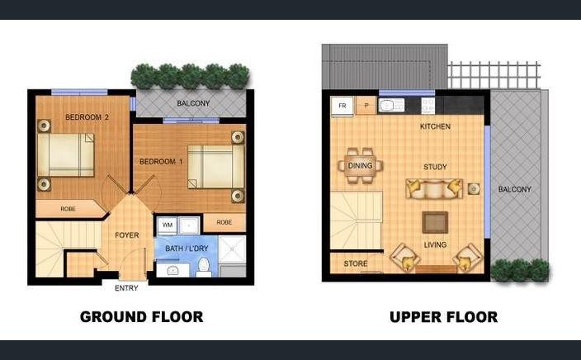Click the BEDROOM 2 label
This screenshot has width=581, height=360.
[x=87, y=117]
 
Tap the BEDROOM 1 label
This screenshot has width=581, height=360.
[x=161, y=162]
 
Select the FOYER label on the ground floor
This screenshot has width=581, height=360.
[x=127, y=235]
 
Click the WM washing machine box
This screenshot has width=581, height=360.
[x=167, y=225]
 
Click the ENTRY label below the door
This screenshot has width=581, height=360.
[x=126, y=288]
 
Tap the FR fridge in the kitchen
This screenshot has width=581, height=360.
[x=342, y=106]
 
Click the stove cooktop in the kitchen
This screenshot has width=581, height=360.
[x=427, y=106]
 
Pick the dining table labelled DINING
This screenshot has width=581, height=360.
[x=360, y=166]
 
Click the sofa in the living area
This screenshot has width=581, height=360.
[x=434, y=189]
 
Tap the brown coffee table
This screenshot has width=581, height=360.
[x=435, y=222]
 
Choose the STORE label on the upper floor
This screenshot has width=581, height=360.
[x=356, y=263]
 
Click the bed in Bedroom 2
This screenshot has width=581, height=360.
[x=66, y=155]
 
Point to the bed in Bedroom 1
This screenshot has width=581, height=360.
[x=216, y=167]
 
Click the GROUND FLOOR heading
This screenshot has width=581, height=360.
[x=142, y=317]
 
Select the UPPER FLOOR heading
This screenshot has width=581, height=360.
[x=443, y=317]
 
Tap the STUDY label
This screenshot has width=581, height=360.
[x=435, y=167]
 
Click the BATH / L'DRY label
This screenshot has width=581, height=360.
[x=187, y=249]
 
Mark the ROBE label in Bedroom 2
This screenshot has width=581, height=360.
[x=68, y=209]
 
